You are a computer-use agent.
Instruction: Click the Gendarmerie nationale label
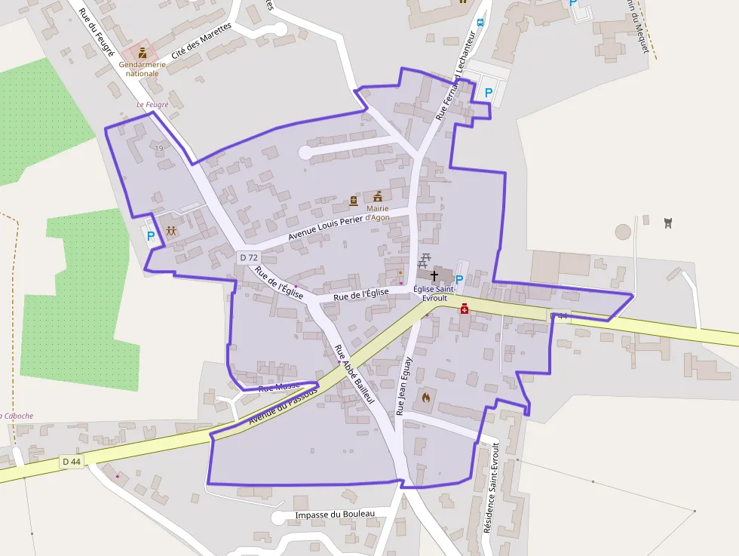coord(142,69)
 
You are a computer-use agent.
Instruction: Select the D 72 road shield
coord(248,258)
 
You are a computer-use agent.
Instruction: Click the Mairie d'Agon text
coord(377,213)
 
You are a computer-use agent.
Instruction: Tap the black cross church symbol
coord(434,276)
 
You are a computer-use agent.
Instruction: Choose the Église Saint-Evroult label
coord(434,293)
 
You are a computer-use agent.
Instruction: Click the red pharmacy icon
coord(465,308)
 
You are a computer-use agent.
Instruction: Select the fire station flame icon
coord(425,396)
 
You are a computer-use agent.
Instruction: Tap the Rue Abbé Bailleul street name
coord(354,374)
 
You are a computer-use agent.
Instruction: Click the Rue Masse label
coord(279,387)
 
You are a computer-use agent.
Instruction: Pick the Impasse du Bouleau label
coord(335,515)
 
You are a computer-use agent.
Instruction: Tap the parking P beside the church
coord(459,279)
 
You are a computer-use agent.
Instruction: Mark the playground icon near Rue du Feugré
coord(171,231)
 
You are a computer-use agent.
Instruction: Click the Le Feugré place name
coord(152,104)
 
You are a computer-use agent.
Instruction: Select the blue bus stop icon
coord(480,22)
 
